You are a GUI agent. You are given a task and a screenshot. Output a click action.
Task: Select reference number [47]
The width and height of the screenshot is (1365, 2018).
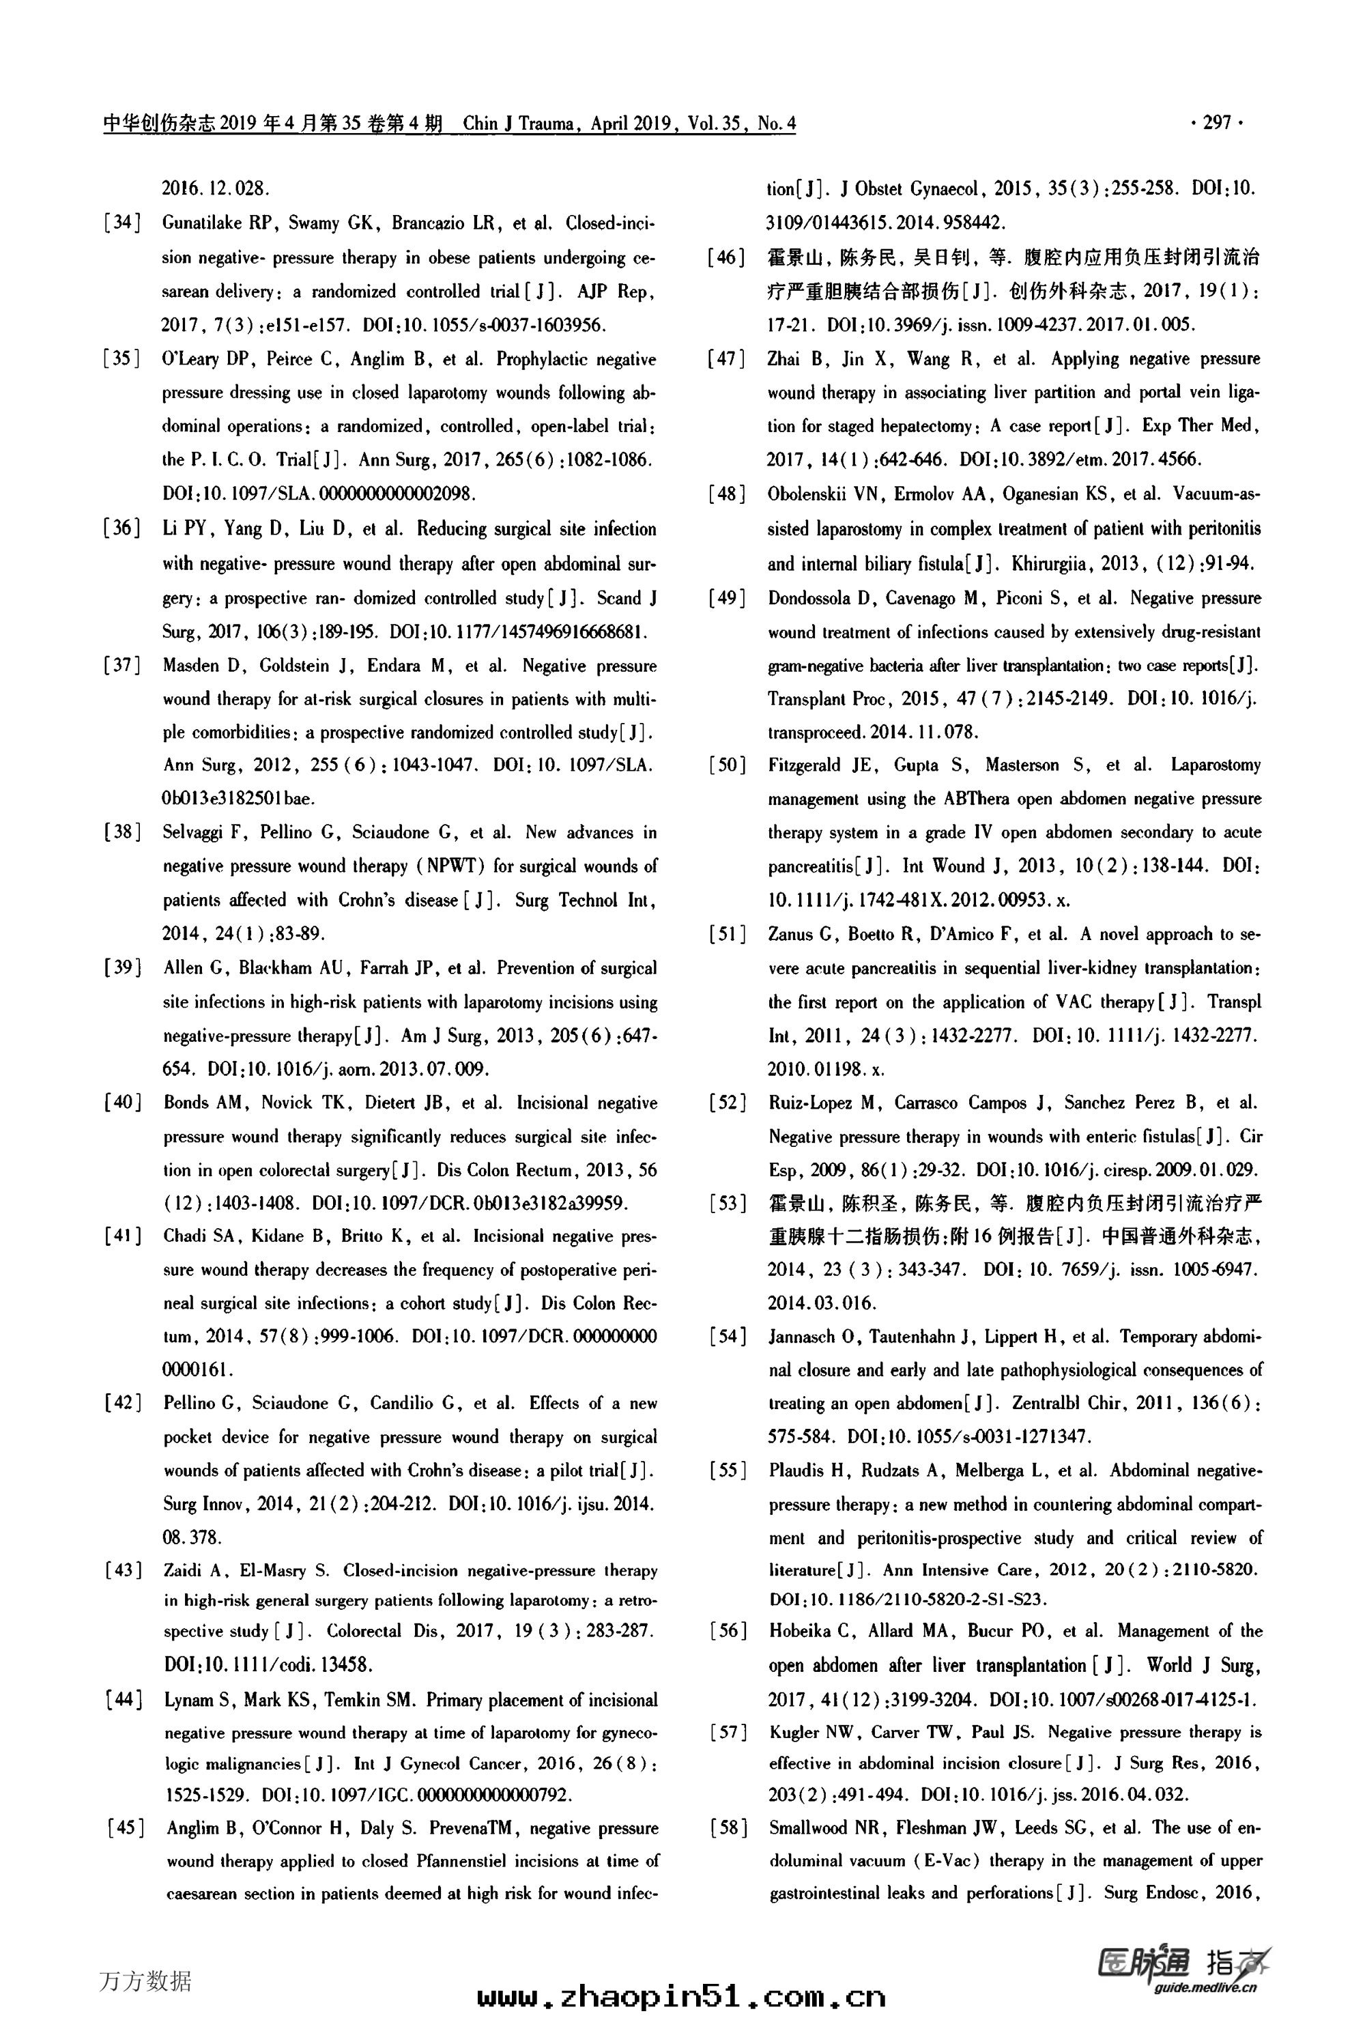(727, 358)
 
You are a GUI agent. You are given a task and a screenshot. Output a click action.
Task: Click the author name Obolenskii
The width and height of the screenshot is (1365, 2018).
(810, 494)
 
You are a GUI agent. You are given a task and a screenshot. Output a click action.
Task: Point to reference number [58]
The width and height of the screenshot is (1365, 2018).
(728, 1828)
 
